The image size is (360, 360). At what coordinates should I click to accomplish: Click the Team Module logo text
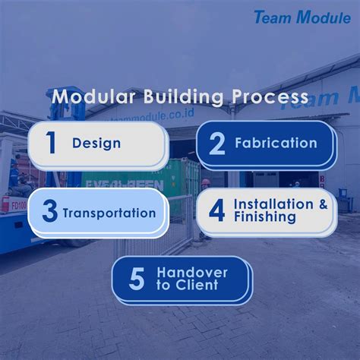[303, 17]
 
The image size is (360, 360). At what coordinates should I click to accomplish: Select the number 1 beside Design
[51, 143]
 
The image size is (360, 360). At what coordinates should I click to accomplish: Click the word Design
[96, 143]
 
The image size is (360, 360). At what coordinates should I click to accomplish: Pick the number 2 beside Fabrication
[216, 143]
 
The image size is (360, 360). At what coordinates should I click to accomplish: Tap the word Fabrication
[276, 143]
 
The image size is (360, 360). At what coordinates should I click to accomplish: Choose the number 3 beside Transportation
[49, 212]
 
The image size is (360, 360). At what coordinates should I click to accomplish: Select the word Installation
[272, 204]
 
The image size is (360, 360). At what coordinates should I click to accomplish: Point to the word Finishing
[265, 217]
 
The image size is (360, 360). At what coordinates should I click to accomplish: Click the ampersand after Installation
[324, 204]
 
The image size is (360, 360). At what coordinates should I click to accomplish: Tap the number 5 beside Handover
[136, 279]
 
